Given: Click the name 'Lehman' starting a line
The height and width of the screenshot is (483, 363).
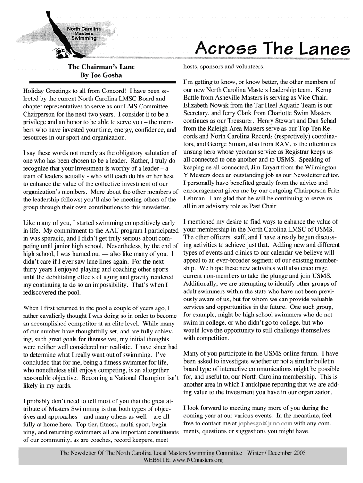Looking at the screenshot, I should coord(194,199).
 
